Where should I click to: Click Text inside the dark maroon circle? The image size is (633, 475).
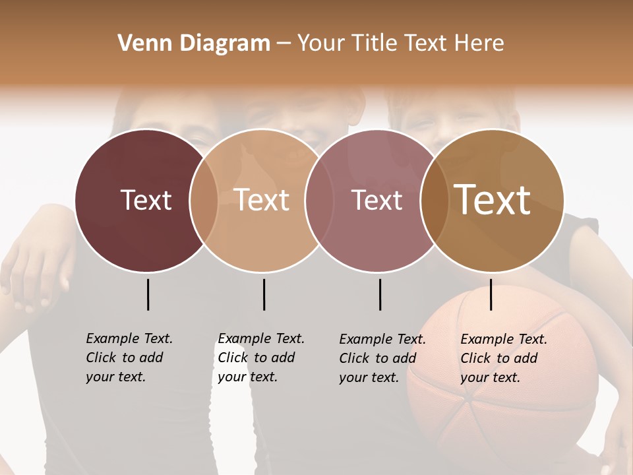tap(146, 201)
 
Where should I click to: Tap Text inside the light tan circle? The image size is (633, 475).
tap(262, 201)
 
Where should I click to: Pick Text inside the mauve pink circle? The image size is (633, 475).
tap(377, 201)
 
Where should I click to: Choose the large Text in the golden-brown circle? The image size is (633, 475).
tap(493, 200)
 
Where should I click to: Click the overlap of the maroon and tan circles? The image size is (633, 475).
tap(204, 201)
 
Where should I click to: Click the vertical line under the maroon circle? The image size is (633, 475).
tap(148, 294)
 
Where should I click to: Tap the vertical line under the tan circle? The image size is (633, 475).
tap(264, 294)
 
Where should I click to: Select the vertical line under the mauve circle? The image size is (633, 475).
tap(380, 294)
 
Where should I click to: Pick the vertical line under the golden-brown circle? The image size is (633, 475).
tap(491, 294)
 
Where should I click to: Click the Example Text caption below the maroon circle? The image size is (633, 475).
tap(129, 358)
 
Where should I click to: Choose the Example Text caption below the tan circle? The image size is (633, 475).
tap(261, 358)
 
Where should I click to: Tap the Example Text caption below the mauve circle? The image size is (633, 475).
tap(382, 358)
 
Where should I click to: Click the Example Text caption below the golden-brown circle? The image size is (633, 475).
tap(504, 358)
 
